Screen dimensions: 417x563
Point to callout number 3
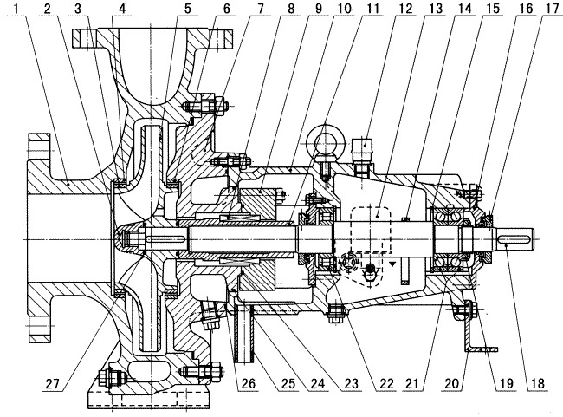click(x=80, y=10)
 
